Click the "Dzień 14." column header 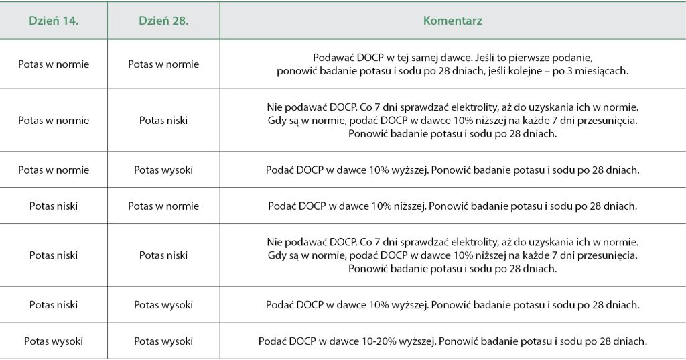click(54, 21)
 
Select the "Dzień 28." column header click(163, 21)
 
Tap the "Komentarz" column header click(452, 21)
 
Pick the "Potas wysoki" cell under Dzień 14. click(54, 341)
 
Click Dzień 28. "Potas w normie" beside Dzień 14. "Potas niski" click(163, 206)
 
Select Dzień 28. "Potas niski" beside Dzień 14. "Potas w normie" click(163, 121)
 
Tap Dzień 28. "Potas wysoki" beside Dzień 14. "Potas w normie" click(163, 170)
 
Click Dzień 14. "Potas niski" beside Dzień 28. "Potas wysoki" click(54, 305)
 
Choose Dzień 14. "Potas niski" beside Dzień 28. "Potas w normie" click(54, 206)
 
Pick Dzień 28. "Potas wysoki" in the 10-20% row click(163, 341)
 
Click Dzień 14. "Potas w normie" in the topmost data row click(54, 64)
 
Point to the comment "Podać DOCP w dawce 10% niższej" click(452, 206)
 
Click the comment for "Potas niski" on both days click(452, 255)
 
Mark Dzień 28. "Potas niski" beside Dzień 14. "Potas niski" click(163, 255)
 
